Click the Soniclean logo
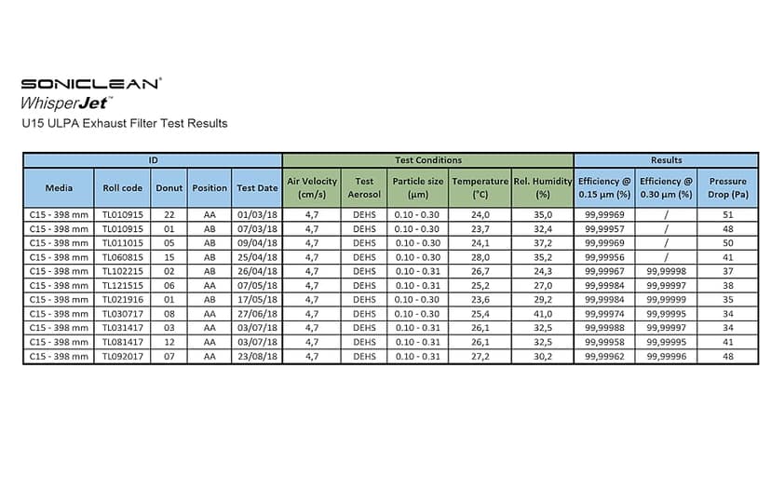90,83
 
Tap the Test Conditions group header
427,160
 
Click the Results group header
666,160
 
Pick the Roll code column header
121,187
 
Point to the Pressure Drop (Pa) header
727,187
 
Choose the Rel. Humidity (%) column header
543,187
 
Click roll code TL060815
121,256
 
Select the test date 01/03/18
256,214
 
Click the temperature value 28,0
480,256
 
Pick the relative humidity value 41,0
543,313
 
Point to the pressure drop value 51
727,214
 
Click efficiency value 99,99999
666,299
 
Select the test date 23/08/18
256,356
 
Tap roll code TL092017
121,356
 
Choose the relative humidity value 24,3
543,271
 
